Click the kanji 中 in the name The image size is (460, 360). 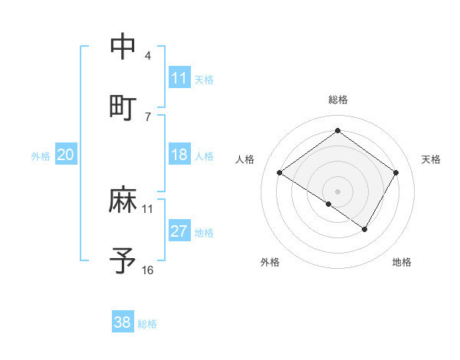[123, 47]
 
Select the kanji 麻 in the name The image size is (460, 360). [123, 201]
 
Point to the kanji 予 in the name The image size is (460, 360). [123, 260]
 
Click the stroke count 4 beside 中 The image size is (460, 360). [148, 56]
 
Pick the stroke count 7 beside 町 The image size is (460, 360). [148, 116]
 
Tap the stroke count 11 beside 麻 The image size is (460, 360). [148, 208]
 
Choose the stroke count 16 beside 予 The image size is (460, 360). [148, 270]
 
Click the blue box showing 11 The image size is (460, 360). [179, 78]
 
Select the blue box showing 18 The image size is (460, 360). [179, 155]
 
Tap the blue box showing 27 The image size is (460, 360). [179, 231]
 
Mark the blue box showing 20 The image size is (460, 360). [66, 155]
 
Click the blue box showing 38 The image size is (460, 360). [123, 322]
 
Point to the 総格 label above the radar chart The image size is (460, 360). [338, 100]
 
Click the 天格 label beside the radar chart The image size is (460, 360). [431, 159]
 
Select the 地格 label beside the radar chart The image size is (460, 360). [402, 262]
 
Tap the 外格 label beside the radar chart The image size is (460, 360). [270, 262]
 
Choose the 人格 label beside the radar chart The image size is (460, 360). [245, 159]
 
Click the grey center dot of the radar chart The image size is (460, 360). [337, 191]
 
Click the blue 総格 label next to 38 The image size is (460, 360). [147, 324]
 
